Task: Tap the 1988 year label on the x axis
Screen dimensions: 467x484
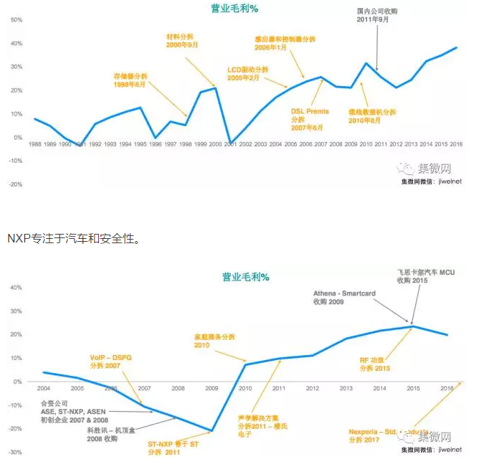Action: pos(35,144)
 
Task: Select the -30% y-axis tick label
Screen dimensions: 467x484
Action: pos(15,453)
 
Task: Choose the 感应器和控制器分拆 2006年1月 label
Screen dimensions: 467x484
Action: pos(285,42)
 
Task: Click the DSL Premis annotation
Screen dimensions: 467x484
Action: pos(310,119)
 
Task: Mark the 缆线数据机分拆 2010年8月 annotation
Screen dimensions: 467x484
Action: pos(372,116)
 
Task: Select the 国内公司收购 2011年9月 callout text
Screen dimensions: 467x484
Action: pos(376,16)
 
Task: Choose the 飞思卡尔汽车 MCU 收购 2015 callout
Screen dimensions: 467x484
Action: pos(426,276)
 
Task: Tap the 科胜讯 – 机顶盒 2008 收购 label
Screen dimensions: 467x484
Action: pos(113,434)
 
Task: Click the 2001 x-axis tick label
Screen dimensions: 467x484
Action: pos(230,144)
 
